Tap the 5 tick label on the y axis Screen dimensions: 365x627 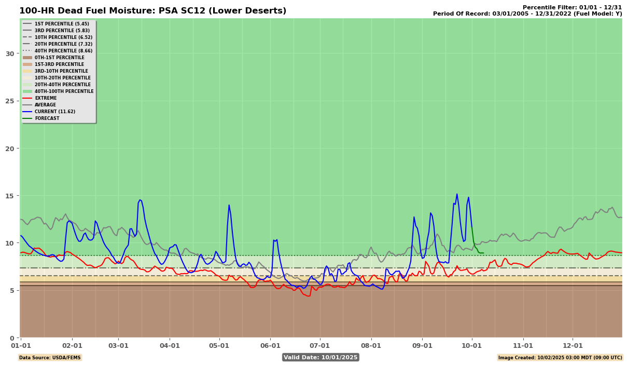click(x=12, y=290)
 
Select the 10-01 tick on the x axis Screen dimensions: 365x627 click(x=472, y=345)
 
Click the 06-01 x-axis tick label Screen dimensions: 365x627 click(x=270, y=345)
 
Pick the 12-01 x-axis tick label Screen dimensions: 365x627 click(x=573, y=345)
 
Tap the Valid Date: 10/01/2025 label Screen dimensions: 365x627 click(x=321, y=357)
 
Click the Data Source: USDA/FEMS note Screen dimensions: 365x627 click(x=50, y=357)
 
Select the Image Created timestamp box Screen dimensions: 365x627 click(x=560, y=357)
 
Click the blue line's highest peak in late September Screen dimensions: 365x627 click(x=457, y=194)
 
